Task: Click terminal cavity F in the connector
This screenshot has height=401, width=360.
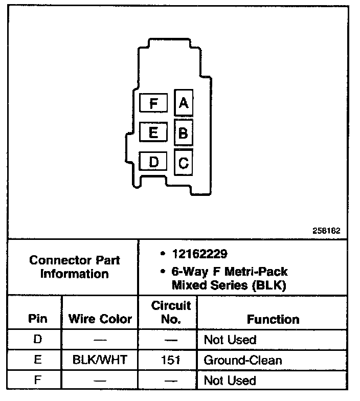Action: [x=153, y=103]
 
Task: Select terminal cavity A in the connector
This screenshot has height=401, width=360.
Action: [x=184, y=103]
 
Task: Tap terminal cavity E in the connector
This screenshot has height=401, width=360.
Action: [x=153, y=133]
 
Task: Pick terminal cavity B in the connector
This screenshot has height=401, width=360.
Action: [x=184, y=133]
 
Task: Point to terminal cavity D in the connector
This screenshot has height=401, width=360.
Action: [x=153, y=163]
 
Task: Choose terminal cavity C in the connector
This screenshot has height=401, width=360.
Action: [x=184, y=163]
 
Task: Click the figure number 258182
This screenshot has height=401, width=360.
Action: [x=327, y=231]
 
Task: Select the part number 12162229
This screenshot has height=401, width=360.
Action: [x=199, y=254]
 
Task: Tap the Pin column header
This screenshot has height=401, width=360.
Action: [x=38, y=319]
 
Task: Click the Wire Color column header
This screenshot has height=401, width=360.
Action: [x=100, y=319]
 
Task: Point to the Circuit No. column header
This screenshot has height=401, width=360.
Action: [x=171, y=313]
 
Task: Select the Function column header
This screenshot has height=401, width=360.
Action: [x=274, y=319]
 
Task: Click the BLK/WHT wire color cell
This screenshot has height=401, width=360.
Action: [x=100, y=360]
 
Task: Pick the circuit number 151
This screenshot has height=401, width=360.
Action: [x=171, y=360]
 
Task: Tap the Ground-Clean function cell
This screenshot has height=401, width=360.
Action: [x=242, y=360]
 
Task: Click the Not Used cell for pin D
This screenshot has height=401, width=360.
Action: [x=230, y=340]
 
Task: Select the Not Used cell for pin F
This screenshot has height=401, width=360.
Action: [x=230, y=381]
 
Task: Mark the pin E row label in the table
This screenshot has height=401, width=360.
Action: [x=38, y=360]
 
